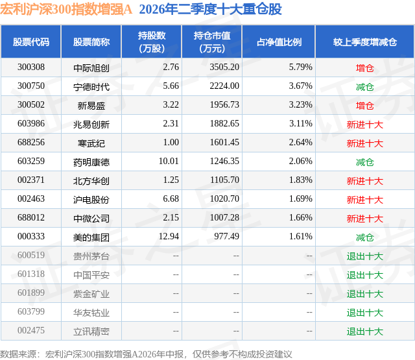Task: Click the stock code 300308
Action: (31, 67)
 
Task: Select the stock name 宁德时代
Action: (91, 87)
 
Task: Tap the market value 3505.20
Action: (224, 67)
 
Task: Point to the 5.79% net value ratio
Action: (301, 67)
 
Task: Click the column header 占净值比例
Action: (279, 42)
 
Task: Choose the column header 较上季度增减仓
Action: (365, 42)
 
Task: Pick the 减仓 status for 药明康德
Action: (365, 162)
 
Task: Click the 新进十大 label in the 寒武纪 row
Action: (365, 143)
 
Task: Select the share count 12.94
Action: (169, 236)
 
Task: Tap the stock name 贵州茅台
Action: (91, 256)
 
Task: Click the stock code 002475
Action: (31, 330)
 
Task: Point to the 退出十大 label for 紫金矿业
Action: (365, 294)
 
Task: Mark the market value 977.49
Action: (226, 236)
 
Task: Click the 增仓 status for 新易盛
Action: (365, 106)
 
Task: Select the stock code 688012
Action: (31, 217)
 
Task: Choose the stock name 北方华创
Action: (91, 181)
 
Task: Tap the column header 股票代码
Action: (31, 42)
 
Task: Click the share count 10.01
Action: (169, 162)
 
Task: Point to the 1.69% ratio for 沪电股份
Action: (301, 198)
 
